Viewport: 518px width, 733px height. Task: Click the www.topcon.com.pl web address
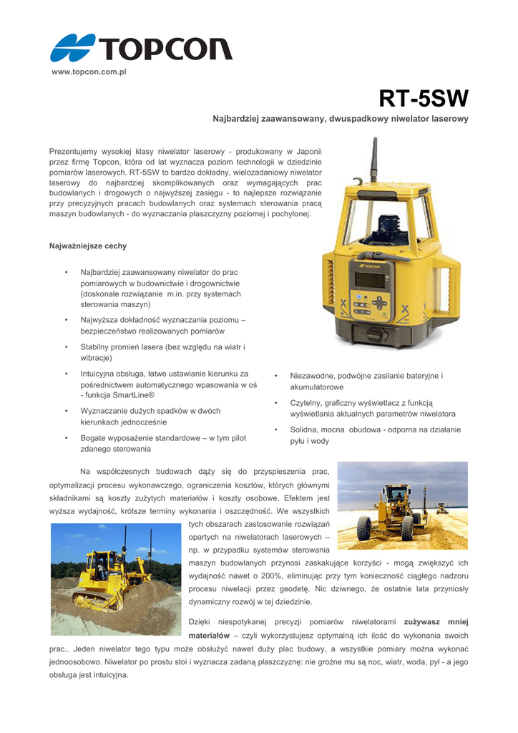89,73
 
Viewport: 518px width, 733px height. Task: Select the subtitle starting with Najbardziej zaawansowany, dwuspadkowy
341,119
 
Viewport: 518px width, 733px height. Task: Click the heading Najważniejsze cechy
87,246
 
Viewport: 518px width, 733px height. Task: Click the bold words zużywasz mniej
436,622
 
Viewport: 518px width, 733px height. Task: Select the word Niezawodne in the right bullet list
314,376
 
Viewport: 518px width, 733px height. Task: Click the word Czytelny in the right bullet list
307,403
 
